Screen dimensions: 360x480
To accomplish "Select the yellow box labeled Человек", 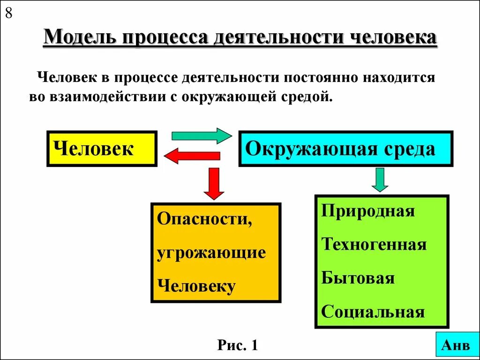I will pyautogui.click(x=102, y=149).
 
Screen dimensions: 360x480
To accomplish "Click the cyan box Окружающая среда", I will pyautogui.click(x=345, y=149).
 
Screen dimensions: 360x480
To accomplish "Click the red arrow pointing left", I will pyautogui.click(x=191, y=156).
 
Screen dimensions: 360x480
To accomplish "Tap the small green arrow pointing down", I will pyautogui.click(x=380, y=180).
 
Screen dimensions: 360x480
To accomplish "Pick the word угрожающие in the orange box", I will pyautogui.click(x=211, y=253).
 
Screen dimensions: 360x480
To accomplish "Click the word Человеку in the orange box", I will pyautogui.click(x=196, y=285).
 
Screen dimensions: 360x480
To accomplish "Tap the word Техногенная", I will pyautogui.click(x=374, y=244).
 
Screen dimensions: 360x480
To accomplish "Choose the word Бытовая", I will pyautogui.click(x=358, y=278).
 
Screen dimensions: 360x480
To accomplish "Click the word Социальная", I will pyautogui.click(x=373, y=312).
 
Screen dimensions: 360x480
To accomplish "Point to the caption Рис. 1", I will pyautogui.click(x=238, y=346).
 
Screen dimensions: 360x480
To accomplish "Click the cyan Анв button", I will pyautogui.click(x=455, y=345).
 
